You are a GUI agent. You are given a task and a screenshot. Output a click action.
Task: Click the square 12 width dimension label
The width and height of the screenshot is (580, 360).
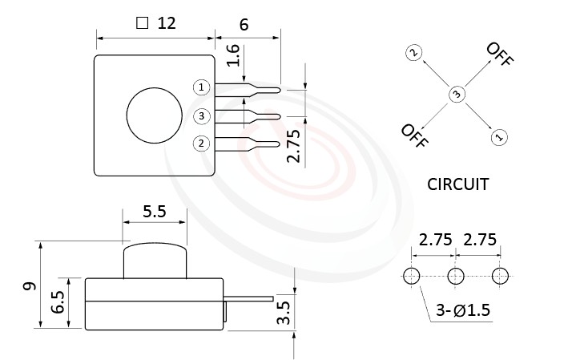coord(156,23)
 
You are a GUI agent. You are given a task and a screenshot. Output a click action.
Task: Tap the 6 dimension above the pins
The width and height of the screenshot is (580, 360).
coord(244,23)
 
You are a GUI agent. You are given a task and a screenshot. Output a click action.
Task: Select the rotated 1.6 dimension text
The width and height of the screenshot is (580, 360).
coord(233,55)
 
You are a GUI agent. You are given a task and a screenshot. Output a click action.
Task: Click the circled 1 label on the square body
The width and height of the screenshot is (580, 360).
coord(202,87)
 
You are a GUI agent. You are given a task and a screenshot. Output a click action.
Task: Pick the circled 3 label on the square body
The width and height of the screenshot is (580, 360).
coord(202,116)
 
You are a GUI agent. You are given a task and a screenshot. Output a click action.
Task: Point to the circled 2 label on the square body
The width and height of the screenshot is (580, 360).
coord(202,144)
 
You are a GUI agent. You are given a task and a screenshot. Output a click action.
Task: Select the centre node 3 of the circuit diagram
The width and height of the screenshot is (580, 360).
coord(456,95)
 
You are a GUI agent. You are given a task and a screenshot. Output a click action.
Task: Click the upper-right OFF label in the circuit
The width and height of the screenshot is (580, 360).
coord(499,55)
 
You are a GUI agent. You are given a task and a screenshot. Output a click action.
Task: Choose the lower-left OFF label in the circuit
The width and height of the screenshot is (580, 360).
coord(414,137)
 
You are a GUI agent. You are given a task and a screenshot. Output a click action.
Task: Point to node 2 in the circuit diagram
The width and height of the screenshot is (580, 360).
coord(413,53)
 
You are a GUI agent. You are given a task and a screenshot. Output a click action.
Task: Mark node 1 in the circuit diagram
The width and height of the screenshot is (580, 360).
coord(498,137)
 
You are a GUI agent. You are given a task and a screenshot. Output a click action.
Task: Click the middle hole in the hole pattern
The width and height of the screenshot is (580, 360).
coord(456,276)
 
